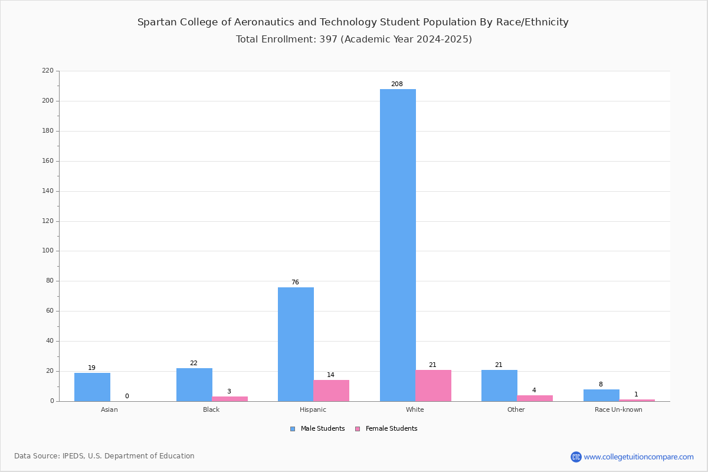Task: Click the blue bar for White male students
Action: (x=398, y=245)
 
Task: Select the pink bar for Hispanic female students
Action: (x=331, y=391)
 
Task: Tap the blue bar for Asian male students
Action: (x=92, y=387)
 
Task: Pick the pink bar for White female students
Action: (x=433, y=385)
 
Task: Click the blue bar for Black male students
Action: (x=194, y=385)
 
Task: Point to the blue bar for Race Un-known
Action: (x=601, y=395)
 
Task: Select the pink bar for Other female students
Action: (x=535, y=398)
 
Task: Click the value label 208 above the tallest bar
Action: (x=397, y=84)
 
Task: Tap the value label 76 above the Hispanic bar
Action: (x=295, y=282)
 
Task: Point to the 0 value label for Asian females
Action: (x=127, y=396)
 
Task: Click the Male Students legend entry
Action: (x=317, y=428)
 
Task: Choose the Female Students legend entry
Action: (x=386, y=428)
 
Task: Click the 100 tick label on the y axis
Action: (x=48, y=251)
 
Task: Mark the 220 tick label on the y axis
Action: (x=48, y=70)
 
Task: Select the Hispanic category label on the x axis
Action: (x=313, y=409)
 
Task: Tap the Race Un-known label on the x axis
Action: (x=618, y=409)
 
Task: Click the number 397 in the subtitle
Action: (x=329, y=39)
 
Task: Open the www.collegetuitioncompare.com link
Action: (x=639, y=457)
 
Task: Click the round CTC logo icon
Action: (x=576, y=457)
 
